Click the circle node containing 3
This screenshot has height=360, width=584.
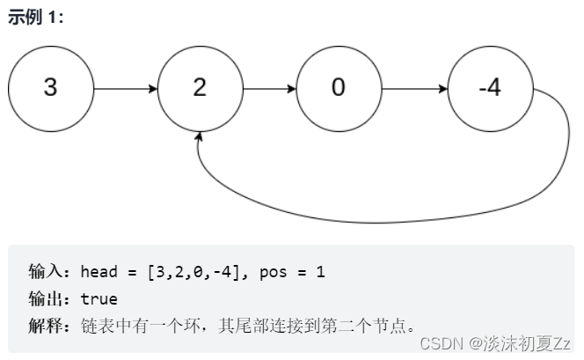pyautogui.click(x=50, y=89)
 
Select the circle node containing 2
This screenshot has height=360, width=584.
pyautogui.click(x=201, y=89)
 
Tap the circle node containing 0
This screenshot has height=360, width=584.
pyautogui.click(x=339, y=89)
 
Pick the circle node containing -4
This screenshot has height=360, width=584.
pyautogui.click(x=490, y=89)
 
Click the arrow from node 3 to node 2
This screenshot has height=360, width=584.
pyautogui.click(x=125, y=89)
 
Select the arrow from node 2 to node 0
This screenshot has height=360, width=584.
pyautogui.click(x=269, y=89)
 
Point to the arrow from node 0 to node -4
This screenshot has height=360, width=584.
pyautogui.click(x=414, y=89)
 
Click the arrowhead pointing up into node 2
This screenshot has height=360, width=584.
pyautogui.click(x=201, y=138)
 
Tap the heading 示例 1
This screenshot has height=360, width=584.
pyautogui.click(x=35, y=18)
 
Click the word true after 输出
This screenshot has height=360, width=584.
pyautogui.click(x=99, y=298)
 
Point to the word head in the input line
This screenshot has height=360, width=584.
pyautogui.click(x=97, y=272)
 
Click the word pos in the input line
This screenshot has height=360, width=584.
pyautogui.click(x=274, y=272)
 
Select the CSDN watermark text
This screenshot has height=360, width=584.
pyautogui.click(x=441, y=343)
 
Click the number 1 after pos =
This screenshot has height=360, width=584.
pyautogui.click(x=321, y=272)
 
